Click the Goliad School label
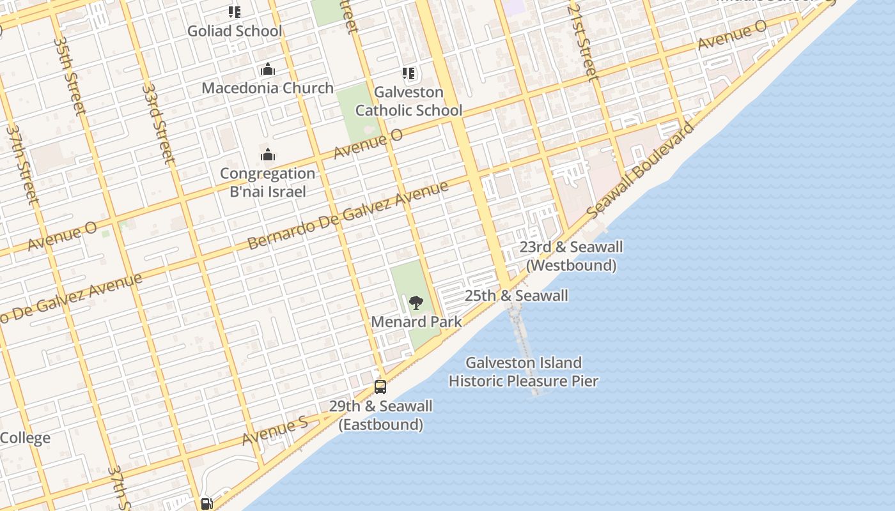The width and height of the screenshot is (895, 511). [x=234, y=31]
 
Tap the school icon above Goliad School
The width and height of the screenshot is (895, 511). [x=235, y=11]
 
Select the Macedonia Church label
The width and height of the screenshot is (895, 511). [x=267, y=88]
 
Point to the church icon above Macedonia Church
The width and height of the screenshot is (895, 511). [x=267, y=69]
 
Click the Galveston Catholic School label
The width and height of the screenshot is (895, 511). [x=409, y=102]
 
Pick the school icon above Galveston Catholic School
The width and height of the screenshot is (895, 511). [x=409, y=74]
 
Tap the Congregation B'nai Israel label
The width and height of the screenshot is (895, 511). [x=267, y=182]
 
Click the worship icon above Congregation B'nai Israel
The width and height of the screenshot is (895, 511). [x=267, y=155]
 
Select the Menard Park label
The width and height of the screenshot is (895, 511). [x=416, y=321]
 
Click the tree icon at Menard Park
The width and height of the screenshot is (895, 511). [x=416, y=303]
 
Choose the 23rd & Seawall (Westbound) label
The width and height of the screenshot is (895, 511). [x=571, y=256]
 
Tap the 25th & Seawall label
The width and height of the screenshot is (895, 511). [x=516, y=296]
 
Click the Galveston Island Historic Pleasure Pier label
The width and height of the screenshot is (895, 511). [x=524, y=372]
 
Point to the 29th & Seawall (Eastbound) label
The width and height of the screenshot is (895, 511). [x=380, y=415]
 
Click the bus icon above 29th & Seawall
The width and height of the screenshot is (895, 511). [x=380, y=386]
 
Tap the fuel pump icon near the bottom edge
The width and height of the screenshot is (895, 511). [x=206, y=503]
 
